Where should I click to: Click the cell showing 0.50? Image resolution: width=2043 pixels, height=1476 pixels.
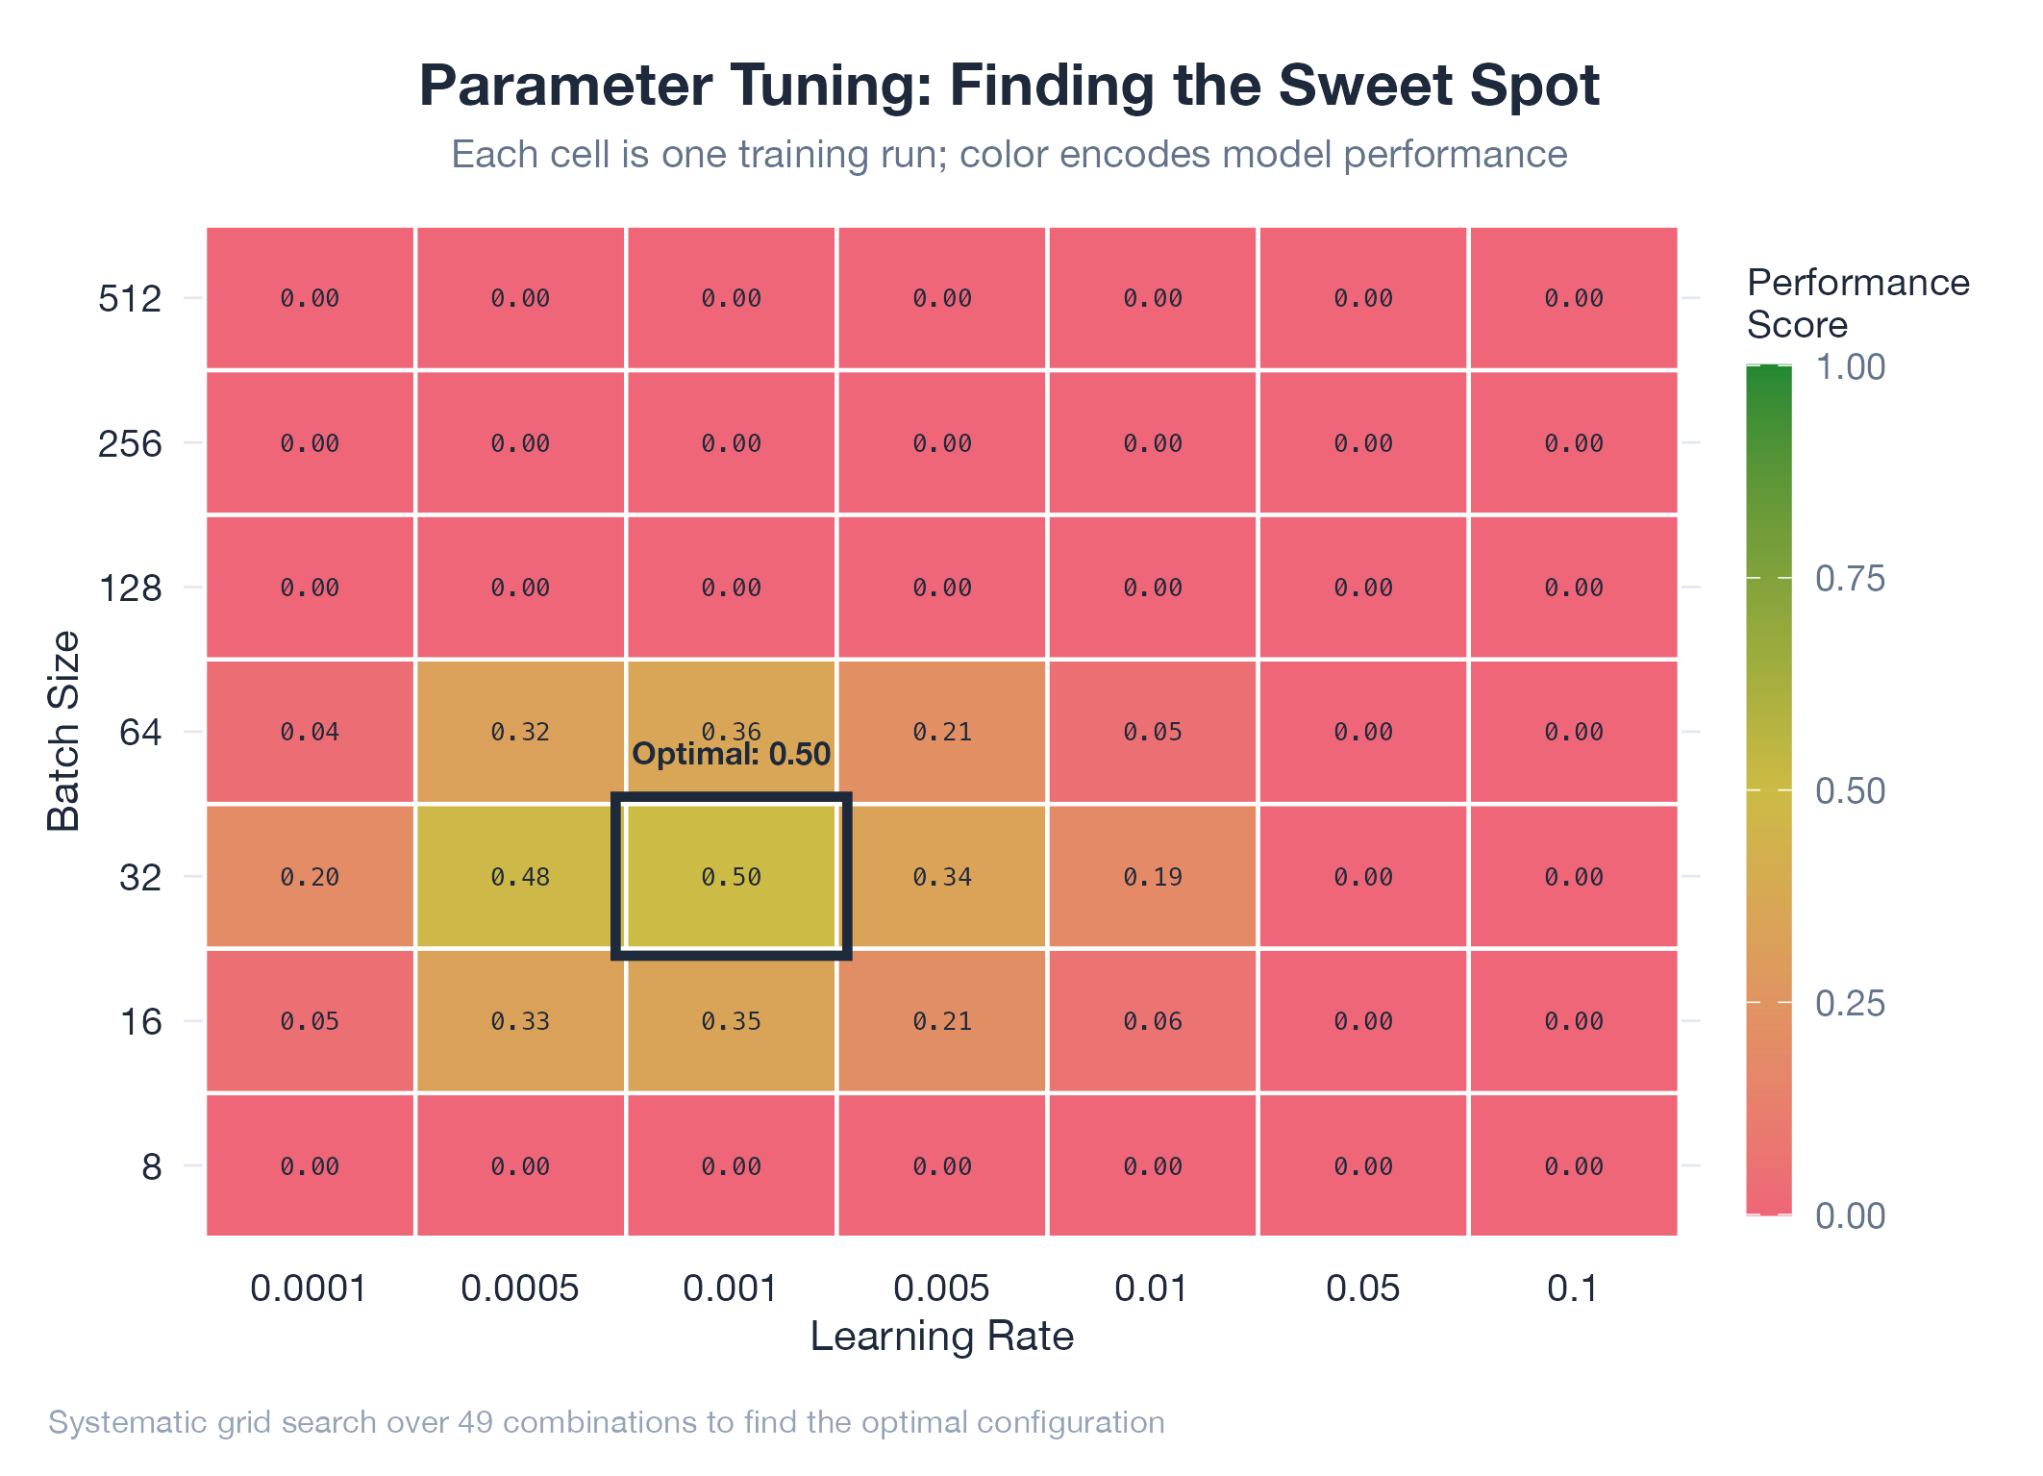(731, 876)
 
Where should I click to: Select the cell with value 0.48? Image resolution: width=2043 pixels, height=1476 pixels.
(520, 876)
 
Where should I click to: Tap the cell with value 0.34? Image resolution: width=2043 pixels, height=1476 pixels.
(942, 876)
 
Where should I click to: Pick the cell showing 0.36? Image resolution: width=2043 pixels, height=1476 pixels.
(731, 712)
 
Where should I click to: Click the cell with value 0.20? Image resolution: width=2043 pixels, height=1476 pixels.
(310, 876)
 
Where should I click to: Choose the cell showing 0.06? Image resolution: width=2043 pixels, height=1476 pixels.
(1153, 1021)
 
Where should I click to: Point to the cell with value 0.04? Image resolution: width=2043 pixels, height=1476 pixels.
(310, 732)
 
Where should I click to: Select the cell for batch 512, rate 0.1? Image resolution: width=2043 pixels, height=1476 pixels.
(1574, 298)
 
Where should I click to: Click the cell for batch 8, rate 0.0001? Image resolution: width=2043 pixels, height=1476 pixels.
(310, 1166)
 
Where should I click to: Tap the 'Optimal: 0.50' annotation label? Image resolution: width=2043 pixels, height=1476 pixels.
(731, 754)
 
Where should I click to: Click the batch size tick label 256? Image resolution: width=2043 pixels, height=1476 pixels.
(130, 443)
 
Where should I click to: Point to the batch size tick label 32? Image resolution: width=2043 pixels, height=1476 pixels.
(140, 877)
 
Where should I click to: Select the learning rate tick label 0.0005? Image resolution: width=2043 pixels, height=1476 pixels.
(520, 1288)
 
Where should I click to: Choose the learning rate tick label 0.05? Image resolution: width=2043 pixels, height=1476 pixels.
(1363, 1288)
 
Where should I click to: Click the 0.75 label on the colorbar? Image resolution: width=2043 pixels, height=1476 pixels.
(1850, 579)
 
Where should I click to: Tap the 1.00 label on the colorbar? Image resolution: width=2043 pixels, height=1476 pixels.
(1850, 367)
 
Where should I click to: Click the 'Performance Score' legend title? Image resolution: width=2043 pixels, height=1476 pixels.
(1856, 304)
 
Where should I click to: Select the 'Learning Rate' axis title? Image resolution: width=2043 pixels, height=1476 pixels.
(942, 1337)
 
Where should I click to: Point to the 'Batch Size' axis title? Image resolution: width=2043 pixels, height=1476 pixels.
(63, 731)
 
